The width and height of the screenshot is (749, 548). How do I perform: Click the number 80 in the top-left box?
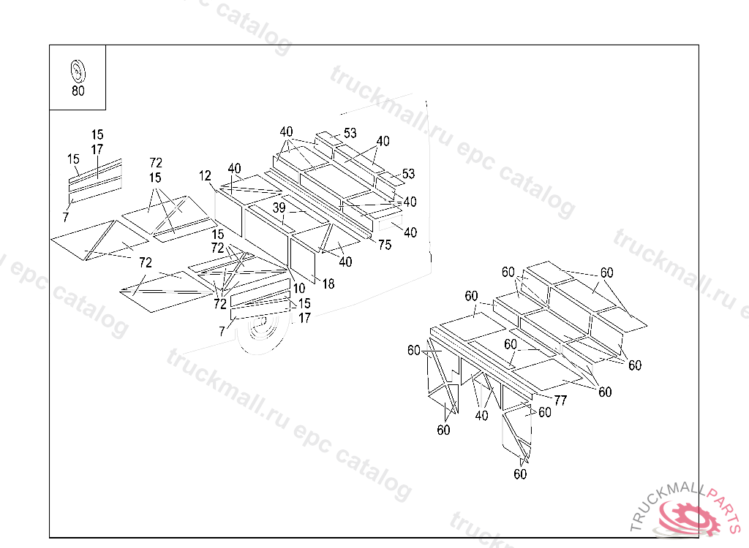point(78,91)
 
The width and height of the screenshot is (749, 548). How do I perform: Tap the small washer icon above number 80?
point(78,72)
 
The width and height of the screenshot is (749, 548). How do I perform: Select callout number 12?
point(205,176)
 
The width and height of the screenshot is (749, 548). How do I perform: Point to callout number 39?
point(279,208)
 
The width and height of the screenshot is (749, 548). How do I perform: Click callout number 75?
point(385,245)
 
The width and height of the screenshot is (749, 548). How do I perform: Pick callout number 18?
point(328,284)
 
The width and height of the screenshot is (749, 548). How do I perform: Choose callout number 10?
point(299,289)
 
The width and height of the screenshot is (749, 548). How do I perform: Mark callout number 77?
point(560,400)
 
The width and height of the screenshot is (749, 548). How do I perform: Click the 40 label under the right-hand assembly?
point(481,416)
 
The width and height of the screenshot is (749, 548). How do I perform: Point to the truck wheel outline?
point(260,333)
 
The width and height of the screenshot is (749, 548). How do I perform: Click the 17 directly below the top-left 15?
point(97,150)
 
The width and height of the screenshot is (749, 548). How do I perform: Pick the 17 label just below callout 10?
point(304,319)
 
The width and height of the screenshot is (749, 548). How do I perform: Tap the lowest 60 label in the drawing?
point(520,474)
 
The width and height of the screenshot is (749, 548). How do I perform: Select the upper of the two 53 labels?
point(350,133)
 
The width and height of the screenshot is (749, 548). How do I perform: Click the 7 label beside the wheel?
point(222,332)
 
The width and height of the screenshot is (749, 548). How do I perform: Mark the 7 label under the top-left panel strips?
point(65,217)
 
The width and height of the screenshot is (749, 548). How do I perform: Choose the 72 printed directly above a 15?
point(156,163)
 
